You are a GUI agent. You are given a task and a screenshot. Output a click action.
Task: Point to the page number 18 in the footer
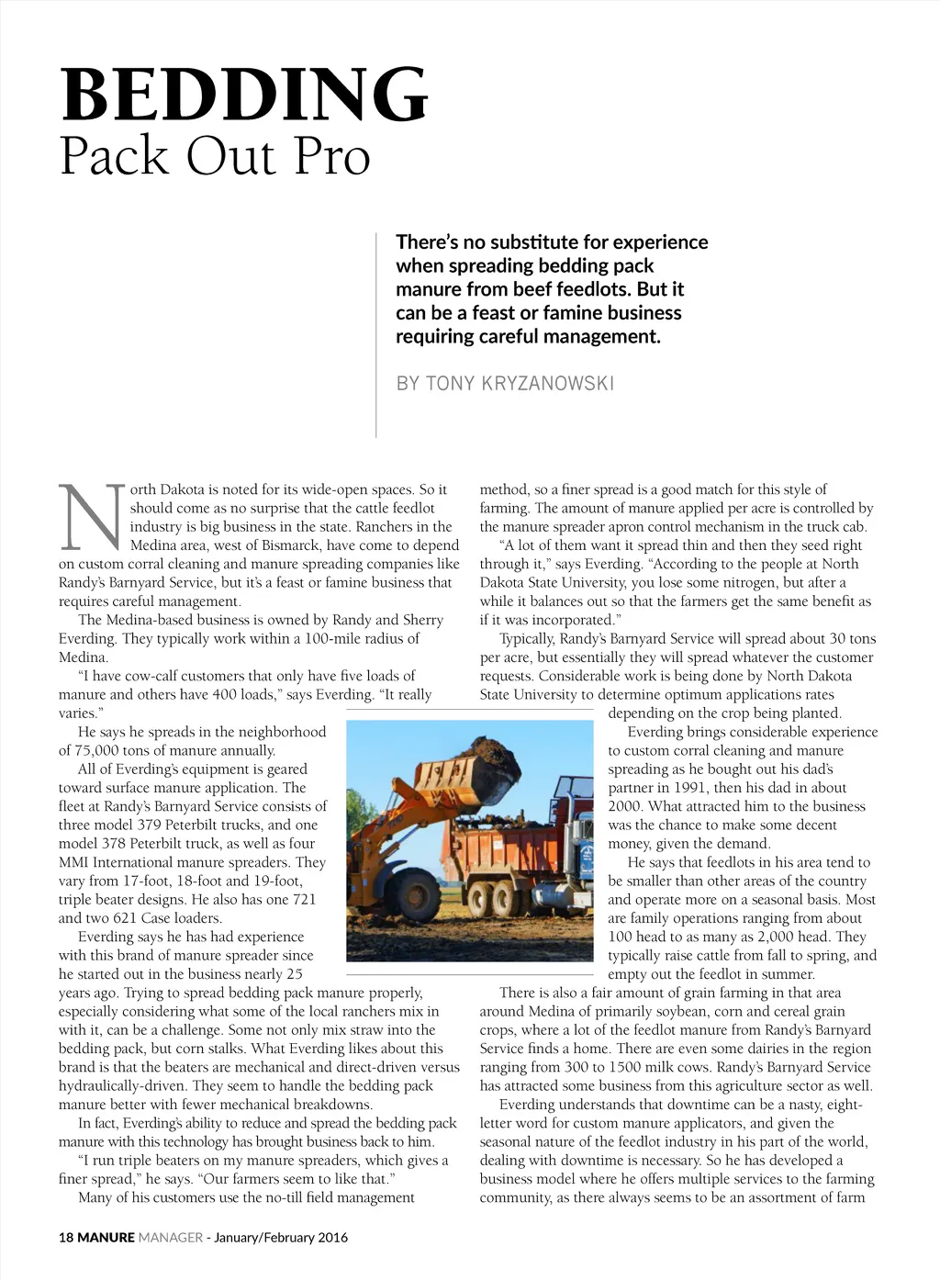(x=66, y=1237)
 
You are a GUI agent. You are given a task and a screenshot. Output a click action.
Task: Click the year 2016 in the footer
(x=332, y=1237)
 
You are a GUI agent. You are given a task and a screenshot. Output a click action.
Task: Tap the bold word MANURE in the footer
(x=106, y=1237)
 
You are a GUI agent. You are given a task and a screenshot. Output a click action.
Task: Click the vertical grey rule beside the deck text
(x=376, y=335)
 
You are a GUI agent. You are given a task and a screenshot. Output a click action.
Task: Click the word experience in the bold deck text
(x=660, y=242)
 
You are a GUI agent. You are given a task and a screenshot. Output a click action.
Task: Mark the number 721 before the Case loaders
(x=304, y=899)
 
